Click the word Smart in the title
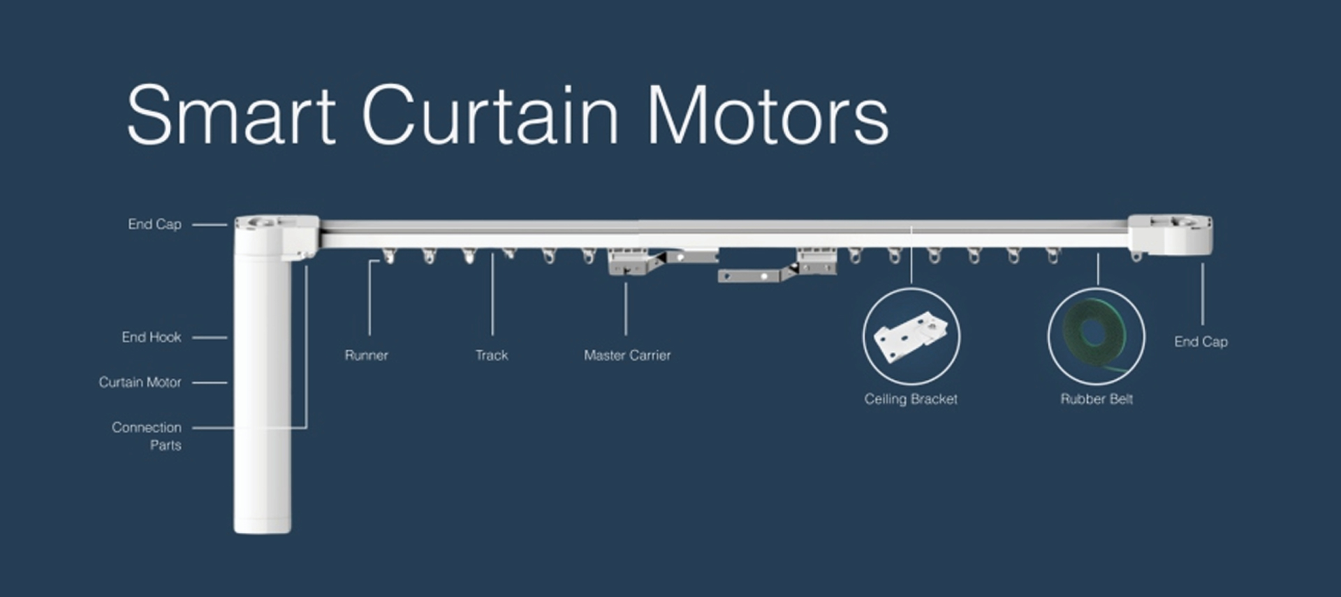[x=230, y=115]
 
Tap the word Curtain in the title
[x=490, y=115]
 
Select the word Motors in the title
[x=768, y=115]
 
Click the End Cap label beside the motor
[x=154, y=224]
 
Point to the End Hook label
[x=151, y=337]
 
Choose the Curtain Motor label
[x=140, y=383]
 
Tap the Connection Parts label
[x=147, y=436]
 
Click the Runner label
[x=366, y=355]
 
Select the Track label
[x=492, y=355]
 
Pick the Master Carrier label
[x=627, y=355]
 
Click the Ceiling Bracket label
[x=911, y=399]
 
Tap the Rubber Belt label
[x=1097, y=399]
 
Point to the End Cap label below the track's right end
[x=1201, y=342]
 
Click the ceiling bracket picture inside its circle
[x=911, y=337]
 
